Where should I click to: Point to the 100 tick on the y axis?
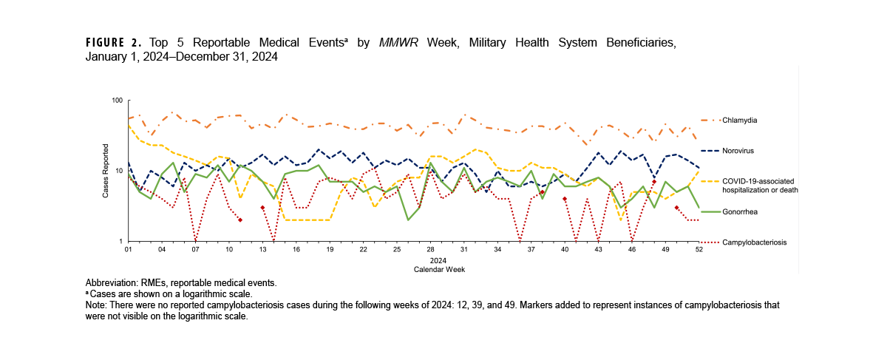click(x=117, y=101)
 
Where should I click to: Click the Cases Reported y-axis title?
click(x=106, y=171)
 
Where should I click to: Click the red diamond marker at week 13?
click(x=262, y=208)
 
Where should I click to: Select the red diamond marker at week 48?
click(x=654, y=182)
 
